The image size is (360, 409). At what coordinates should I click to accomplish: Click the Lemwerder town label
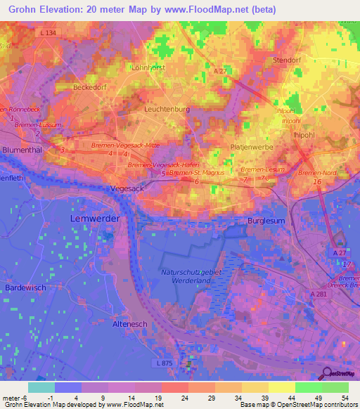pyautogui.click(x=95, y=219)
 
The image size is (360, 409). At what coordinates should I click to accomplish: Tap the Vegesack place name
pyautogui.click(x=127, y=190)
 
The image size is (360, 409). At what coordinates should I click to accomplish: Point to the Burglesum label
pyautogui.click(x=266, y=221)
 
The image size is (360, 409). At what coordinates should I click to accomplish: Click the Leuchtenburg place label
pyautogui.click(x=167, y=110)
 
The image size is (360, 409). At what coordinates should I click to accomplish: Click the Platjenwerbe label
pyautogui.click(x=251, y=146)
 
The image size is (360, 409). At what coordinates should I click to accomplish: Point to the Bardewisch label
pyautogui.click(x=25, y=288)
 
